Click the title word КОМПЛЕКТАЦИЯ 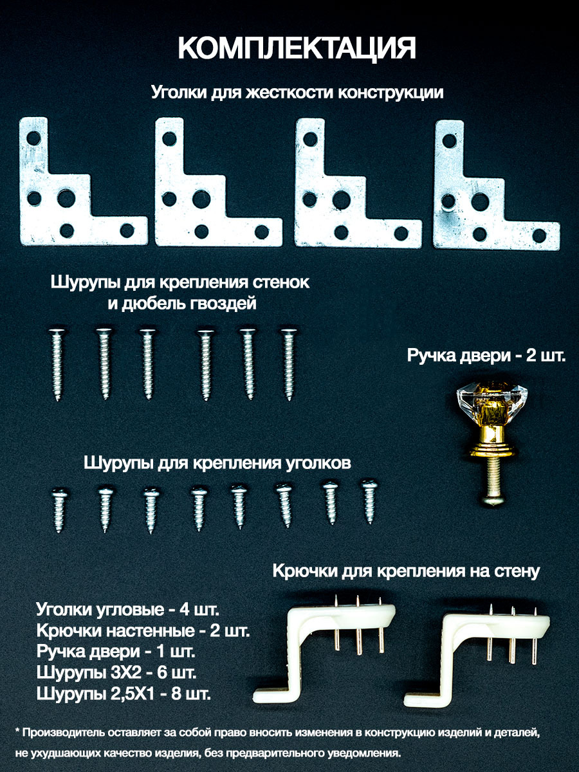(x=297, y=48)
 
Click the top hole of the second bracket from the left (x=169, y=139)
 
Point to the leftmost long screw (x=57, y=365)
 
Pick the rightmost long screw (x=289, y=365)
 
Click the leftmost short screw (x=59, y=510)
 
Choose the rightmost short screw (x=369, y=501)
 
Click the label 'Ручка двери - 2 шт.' (x=486, y=356)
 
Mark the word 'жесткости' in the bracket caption (x=291, y=93)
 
